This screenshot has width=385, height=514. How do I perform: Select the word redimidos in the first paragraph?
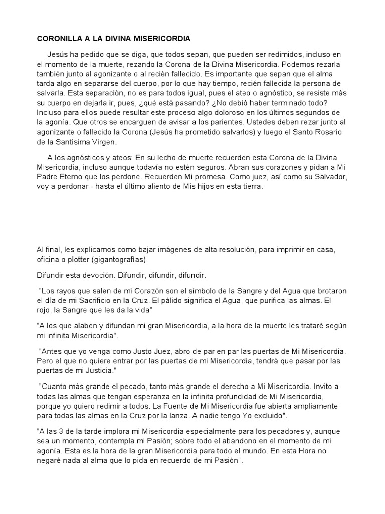point(270,54)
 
